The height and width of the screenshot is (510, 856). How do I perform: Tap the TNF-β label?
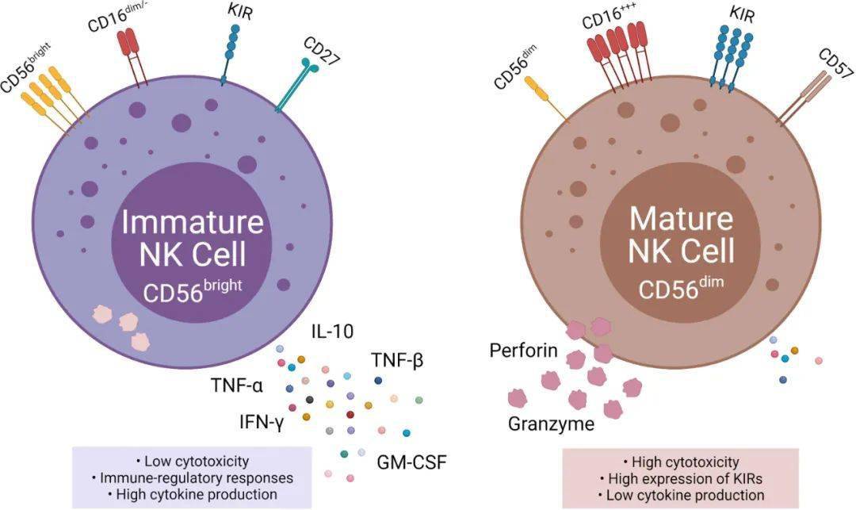pos(396,361)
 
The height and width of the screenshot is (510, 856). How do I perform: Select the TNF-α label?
pos(236,386)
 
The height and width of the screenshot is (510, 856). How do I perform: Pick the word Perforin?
pos(524,351)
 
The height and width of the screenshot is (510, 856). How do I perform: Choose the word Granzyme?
pos(551,424)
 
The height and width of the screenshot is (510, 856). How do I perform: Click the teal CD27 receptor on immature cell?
pos(297,88)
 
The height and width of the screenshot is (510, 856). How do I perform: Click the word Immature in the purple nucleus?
pos(192,222)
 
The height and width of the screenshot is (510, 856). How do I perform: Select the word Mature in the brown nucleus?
pos(681,218)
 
